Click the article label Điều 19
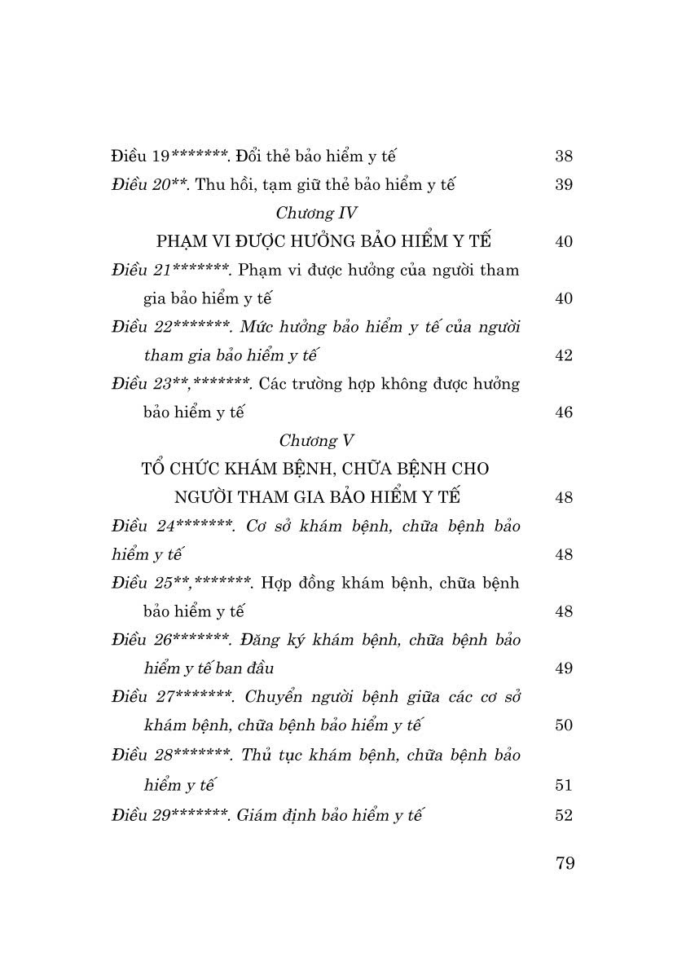tap(139, 155)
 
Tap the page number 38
tap(563, 156)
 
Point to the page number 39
tap(563, 184)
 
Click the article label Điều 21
tap(142, 270)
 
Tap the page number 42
tap(563, 355)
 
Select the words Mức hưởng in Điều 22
tap(286, 327)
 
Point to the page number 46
tap(563, 412)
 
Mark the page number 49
tap(563, 668)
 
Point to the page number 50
tap(563, 725)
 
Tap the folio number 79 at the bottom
tap(565, 863)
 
